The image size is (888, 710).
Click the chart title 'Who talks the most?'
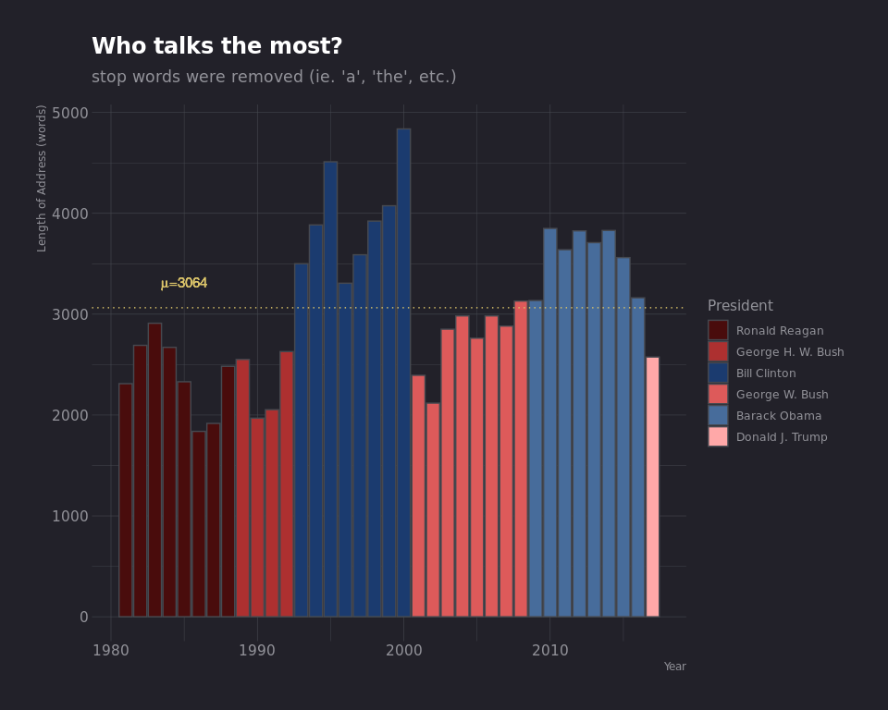(216, 47)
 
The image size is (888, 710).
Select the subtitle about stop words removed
(274, 78)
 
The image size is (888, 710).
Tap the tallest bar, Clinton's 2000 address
(403, 372)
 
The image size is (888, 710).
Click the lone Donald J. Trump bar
(652, 486)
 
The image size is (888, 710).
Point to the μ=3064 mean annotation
(183, 284)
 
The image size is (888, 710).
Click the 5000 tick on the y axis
(70, 113)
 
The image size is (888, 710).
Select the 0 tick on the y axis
(84, 617)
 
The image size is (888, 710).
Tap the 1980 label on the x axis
(111, 651)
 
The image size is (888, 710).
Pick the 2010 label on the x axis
(549, 651)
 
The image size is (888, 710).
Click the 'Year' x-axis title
(674, 667)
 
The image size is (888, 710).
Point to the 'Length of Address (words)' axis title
(43, 177)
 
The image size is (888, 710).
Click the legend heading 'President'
(740, 306)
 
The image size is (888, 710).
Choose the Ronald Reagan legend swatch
(718, 330)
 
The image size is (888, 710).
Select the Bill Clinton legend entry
(765, 373)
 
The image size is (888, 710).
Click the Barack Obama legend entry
(778, 416)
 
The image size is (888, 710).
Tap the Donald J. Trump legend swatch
(718, 436)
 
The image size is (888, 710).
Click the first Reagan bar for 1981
(125, 499)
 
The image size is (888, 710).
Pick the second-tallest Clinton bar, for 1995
(330, 388)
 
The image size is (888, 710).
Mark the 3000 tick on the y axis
(70, 314)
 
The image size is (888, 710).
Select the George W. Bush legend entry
(782, 395)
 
